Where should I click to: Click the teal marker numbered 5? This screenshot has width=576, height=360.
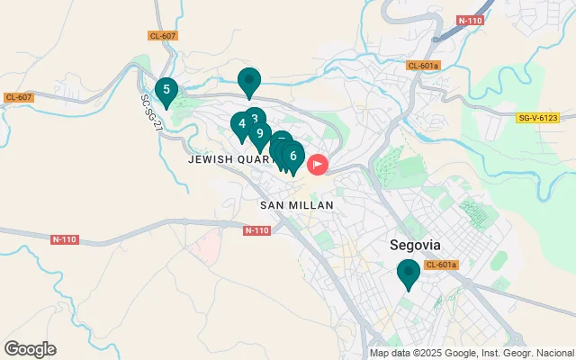[x=166, y=91]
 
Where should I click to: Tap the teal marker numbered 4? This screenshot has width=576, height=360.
[x=241, y=125]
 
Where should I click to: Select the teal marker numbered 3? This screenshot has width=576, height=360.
[x=255, y=120]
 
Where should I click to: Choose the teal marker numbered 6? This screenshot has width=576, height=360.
[x=292, y=157]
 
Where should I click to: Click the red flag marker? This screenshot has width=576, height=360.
[x=318, y=165]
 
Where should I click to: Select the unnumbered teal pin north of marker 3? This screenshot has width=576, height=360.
[x=249, y=81]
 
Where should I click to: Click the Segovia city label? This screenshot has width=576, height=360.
[x=415, y=244]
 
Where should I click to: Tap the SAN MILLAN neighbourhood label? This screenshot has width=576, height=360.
[x=297, y=205]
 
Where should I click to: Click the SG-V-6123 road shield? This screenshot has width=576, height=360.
[x=538, y=118]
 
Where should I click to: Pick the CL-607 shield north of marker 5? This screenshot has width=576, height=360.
[x=163, y=36]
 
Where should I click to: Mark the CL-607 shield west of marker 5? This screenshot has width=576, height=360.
[x=18, y=97]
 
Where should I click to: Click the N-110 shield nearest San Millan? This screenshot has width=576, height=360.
[x=256, y=231]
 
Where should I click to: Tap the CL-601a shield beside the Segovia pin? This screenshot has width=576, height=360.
[x=442, y=265]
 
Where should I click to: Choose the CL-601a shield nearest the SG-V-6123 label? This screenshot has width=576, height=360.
[x=422, y=66]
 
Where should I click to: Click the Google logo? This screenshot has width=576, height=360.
[x=30, y=349]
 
